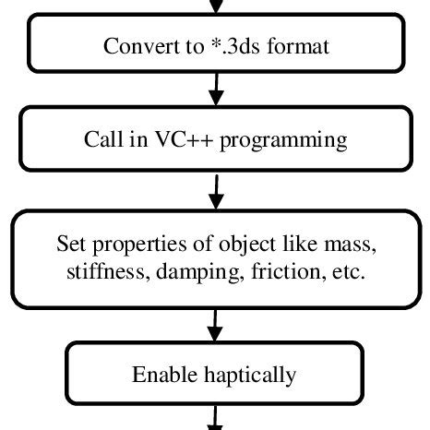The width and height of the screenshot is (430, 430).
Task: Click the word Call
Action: (x=102, y=140)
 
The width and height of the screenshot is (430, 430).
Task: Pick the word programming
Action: (x=273, y=140)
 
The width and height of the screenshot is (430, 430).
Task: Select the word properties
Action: (x=131, y=245)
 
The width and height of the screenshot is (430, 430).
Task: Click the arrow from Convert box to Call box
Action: (x=216, y=88)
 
